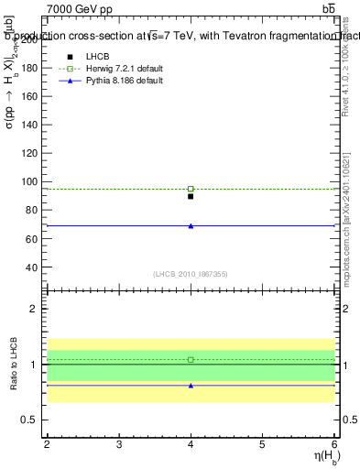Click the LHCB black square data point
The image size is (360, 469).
(x=191, y=196)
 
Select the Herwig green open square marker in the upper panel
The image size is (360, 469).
(x=191, y=189)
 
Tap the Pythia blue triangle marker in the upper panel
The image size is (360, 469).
(x=191, y=225)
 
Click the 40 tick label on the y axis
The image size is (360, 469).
(x=34, y=267)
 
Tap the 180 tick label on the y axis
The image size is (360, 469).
(x=31, y=69)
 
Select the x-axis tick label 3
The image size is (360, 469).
(x=119, y=444)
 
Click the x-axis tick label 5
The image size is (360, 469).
(x=262, y=444)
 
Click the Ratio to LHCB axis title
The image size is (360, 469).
(x=15, y=365)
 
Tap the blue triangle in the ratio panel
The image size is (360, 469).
(x=191, y=386)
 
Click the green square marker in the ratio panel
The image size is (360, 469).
(x=191, y=360)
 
